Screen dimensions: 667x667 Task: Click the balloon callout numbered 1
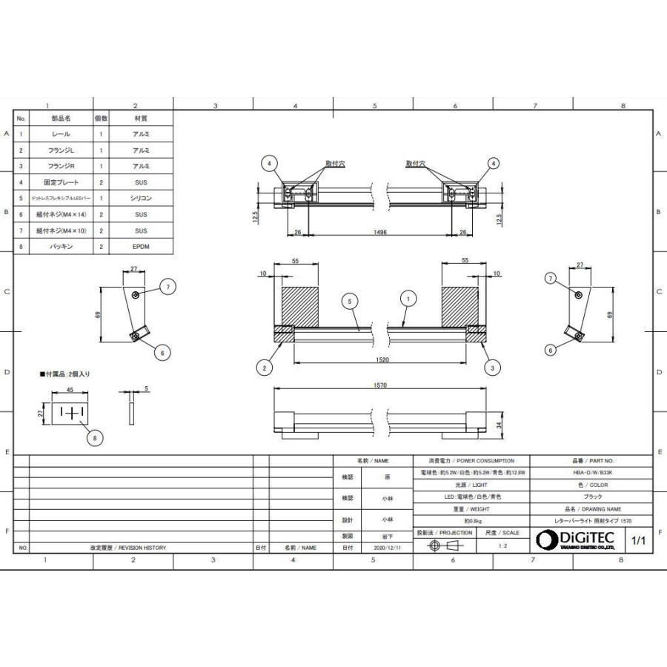(407, 299)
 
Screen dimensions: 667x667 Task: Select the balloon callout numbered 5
(350, 301)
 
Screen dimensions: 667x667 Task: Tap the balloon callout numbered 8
(93, 439)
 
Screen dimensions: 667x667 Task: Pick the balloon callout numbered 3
(490, 366)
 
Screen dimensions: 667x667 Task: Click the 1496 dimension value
(380, 232)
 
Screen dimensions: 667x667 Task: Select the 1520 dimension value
(382, 359)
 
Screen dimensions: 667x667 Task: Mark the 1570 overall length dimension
(381, 385)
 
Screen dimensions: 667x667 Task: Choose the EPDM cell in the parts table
(142, 247)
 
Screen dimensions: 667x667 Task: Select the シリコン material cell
(142, 198)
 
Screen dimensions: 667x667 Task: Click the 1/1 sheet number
(638, 540)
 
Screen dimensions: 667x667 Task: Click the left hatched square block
(299, 305)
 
